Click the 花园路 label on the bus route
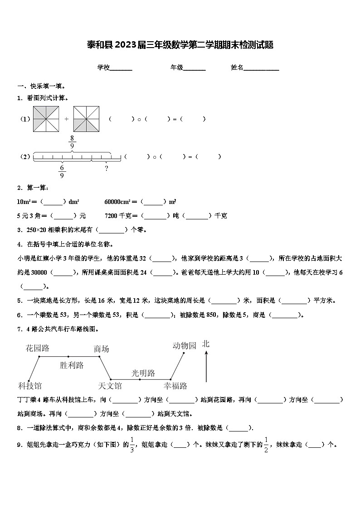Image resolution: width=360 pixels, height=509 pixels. point(38,348)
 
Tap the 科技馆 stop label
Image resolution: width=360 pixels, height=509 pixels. point(30,386)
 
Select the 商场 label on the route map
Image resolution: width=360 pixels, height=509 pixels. point(102,349)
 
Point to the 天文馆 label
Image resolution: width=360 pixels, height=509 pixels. point(110,386)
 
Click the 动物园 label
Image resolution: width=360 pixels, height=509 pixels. point(185,346)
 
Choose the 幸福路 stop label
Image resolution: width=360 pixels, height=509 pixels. point(175,386)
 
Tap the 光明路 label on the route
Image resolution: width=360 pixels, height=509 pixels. point(143,373)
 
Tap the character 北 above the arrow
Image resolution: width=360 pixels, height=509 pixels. point(206,344)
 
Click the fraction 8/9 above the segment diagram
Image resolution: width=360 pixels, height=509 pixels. point(72,142)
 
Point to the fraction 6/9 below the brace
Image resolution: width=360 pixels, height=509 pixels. point(62,171)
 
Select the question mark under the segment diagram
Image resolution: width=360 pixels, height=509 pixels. point(106,169)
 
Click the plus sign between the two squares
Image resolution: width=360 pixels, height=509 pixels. point(66,119)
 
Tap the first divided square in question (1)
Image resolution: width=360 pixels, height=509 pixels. point(46,119)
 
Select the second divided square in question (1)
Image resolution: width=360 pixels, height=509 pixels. point(86,119)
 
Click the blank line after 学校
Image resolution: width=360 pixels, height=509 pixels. point(121,69)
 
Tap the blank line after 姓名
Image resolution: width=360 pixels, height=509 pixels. point(262,69)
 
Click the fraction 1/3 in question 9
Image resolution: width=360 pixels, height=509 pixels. point(132,445)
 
